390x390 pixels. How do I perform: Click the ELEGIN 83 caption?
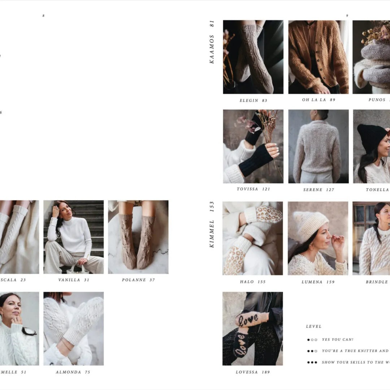(253, 100)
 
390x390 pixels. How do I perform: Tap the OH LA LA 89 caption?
(318, 100)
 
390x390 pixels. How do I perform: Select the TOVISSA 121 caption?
(253, 189)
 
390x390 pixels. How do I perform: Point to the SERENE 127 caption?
(318, 190)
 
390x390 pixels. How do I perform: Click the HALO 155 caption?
(253, 282)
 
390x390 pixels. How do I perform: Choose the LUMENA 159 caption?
(318, 282)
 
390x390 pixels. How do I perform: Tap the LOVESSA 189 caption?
(253, 372)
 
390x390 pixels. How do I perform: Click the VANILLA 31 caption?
(74, 280)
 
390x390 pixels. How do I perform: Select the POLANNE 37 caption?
(138, 280)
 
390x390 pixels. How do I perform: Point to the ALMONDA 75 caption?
(73, 372)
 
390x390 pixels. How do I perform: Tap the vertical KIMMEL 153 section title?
(212, 224)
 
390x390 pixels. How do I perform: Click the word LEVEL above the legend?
(313, 326)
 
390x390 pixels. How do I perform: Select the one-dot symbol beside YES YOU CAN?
(312, 340)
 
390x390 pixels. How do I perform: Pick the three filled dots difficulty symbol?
(312, 362)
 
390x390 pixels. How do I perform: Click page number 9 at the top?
(347, 16)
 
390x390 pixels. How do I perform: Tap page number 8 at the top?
(43, 16)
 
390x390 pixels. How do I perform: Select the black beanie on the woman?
(371, 137)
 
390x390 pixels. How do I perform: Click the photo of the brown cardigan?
(318, 57)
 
